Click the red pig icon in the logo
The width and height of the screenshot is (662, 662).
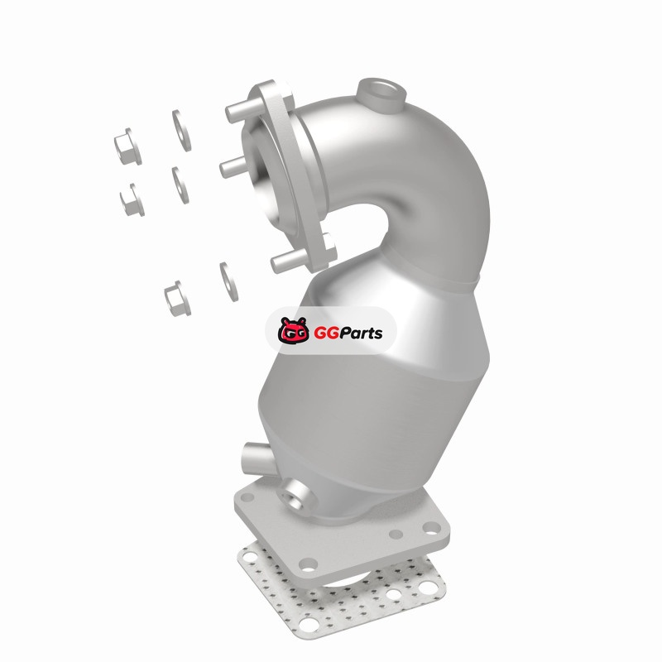click(x=292, y=329)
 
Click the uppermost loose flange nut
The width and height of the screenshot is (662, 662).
click(x=127, y=146)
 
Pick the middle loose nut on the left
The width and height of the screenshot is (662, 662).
click(x=132, y=199)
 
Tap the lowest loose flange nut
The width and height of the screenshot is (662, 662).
click(x=177, y=299)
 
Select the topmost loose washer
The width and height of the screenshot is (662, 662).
click(x=181, y=131)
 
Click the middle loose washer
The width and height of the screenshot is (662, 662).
click(x=180, y=185)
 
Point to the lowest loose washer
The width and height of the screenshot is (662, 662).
click(x=228, y=281)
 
